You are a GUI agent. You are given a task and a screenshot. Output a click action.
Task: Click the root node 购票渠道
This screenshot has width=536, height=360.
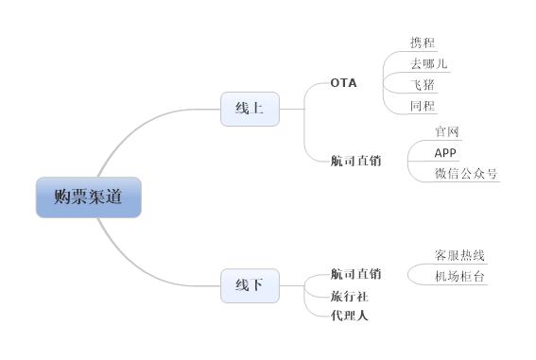tap(88, 197)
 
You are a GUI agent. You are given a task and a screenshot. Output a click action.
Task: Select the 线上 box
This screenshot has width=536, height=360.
tap(250, 109)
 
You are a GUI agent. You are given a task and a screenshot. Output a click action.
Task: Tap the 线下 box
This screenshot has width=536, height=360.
tap(250, 284)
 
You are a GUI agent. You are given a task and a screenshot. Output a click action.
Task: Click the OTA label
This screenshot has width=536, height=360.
tap(344, 83)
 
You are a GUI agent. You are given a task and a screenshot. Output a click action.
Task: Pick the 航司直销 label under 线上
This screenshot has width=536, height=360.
tap(355, 161)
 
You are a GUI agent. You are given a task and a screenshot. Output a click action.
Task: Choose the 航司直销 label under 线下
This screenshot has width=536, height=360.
tap(355, 274)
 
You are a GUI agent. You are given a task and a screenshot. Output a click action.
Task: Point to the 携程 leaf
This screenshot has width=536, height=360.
tap(423, 43)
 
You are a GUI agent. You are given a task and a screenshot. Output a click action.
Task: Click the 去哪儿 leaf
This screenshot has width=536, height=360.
tap(428, 64)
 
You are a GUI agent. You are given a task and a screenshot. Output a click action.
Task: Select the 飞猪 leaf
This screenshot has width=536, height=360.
tap(423, 85)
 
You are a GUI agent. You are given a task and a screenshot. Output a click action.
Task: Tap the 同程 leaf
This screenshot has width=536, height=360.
tap(423, 106)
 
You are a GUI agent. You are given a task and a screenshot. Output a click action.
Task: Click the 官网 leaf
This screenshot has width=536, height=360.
tap(446, 131)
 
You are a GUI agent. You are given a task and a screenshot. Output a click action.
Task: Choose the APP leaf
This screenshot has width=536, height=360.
tap(445, 152)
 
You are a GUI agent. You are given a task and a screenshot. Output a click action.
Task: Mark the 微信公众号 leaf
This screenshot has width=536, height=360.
tap(466, 173)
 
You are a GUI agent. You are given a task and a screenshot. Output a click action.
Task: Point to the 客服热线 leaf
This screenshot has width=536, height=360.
tap(459, 255)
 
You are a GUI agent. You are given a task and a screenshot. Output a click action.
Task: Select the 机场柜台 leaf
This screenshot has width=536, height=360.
tap(459, 276)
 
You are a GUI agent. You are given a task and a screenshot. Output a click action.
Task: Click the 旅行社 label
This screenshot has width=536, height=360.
tap(349, 295)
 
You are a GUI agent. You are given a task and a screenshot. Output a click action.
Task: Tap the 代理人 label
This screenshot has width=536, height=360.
tap(349, 315)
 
